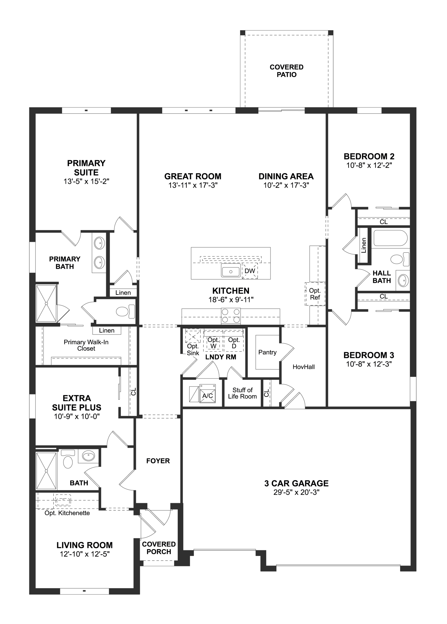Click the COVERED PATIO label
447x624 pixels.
click(x=286, y=71)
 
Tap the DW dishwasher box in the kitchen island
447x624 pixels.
click(x=250, y=271)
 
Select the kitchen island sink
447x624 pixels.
click(x=231, y=270)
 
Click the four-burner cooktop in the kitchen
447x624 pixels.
click(x=231, y=315)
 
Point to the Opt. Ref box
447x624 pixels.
click(x=315, y=294)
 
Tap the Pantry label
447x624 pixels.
click(x=267, y=352)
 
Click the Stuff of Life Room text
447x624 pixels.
click(x=242, y=393)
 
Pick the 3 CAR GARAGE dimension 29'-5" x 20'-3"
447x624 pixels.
click(x=296, y=492)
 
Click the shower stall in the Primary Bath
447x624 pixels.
click(x=47, y=303)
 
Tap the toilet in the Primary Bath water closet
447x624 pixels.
click(x=125, y=311)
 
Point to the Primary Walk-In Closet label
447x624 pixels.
click(x=86, y=345)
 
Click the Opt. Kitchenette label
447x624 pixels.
click(x=67, y=513)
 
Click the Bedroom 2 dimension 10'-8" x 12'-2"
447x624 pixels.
click(x=369, y=165)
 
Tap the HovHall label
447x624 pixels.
click(x=304, y=367)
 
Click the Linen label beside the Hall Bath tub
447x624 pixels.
click(x=363, y=245)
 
